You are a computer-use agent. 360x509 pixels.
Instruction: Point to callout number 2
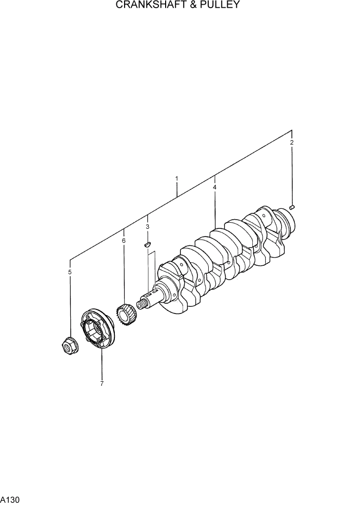292,142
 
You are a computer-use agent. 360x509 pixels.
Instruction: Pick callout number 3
147,226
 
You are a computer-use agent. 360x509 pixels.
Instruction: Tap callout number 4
215,188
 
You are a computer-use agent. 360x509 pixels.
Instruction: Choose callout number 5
70,272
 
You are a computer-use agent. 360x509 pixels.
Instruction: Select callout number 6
124,240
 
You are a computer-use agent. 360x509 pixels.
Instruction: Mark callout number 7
102,383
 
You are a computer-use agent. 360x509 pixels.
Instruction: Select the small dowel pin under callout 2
292,207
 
